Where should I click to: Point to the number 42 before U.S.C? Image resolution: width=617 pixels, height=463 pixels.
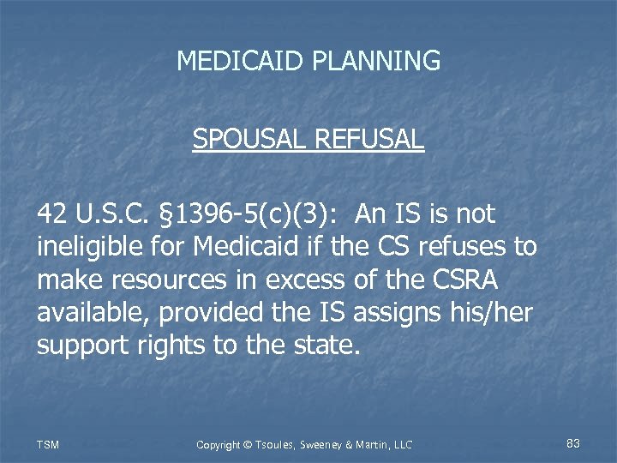[51, 214]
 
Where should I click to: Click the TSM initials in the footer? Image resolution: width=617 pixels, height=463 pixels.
[48, 444]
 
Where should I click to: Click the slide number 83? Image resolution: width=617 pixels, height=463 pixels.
[573, 443]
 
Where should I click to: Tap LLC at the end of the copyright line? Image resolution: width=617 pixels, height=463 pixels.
[401, 444]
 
